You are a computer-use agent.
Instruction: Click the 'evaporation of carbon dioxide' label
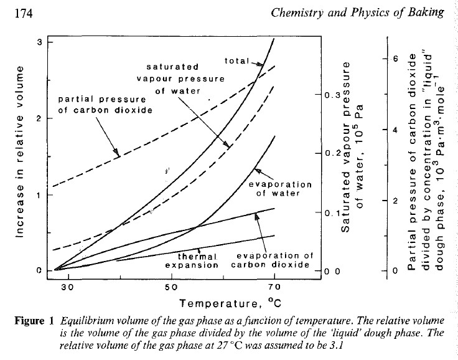click(273, 260)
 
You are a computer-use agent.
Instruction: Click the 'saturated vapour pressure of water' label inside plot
click(172, 77)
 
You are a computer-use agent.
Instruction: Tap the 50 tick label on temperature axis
click(171, 287)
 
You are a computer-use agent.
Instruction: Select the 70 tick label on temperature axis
click(274, 287)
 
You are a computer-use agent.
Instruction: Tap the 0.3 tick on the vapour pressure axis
click(332, 95)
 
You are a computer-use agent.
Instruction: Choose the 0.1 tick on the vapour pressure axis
click(332, 213)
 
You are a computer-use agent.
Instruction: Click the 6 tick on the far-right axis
click(393, 59)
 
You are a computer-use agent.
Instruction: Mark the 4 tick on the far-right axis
click(393, 130)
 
